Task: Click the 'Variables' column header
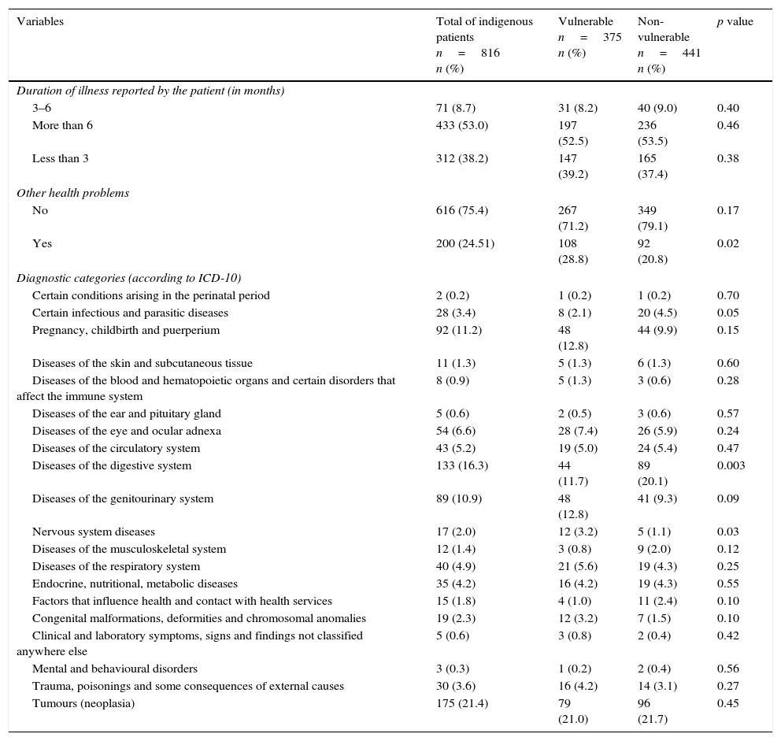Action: pyautogui.click(x=40, y=22)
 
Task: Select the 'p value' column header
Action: pyautogui.click(x=735, y=22)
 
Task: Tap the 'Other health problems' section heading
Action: pyautogui.click(x=72, y=193)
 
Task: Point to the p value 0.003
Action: pyautogui.click(x=731, y=465)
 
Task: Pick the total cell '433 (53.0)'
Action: pyautogui.click(x=462, y=125)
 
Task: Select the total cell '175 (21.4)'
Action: pyautogui.click(x=462, y=703)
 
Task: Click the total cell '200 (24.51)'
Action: pyautogui.click(x=465, y=243)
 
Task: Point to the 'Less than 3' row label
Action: pyautogui.click(x=60, y=158)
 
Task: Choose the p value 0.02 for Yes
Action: pyautogui.click(x=727, y=243)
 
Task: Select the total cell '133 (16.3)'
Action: pyautogui.click(x=462, y=465)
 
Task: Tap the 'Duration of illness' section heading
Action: pyautogui.click(x=150, y=91)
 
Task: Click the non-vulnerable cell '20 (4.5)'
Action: pyautogui.click(x=657, y=313)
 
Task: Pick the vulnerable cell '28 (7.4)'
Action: pyautogui.click(x=577, y=431)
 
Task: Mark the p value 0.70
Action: pyautogui.click(x=727, y=295)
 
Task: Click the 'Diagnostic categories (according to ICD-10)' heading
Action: pyautogui.click(x=128, y=278)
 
